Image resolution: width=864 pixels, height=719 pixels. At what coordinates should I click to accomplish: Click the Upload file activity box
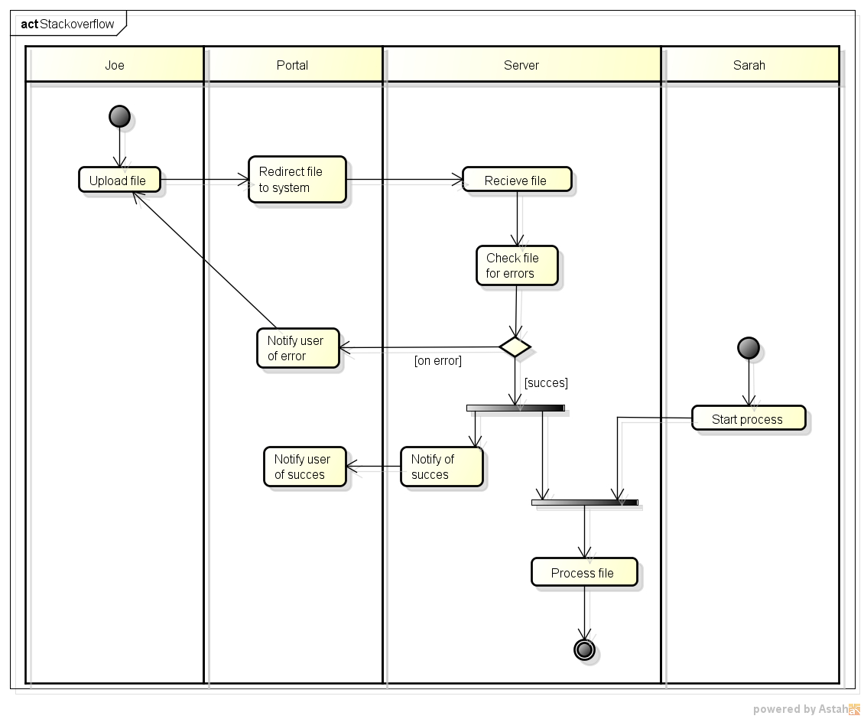[x=119, y=180]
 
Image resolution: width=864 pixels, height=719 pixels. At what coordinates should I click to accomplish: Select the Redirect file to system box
[x=297, y=180]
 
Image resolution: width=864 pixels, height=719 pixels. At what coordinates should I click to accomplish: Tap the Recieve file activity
[x=517, y=180]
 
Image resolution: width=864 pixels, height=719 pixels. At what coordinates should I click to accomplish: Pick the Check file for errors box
[x=517, y=265]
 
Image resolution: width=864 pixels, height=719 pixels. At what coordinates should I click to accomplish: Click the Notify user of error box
[x=297, y=348]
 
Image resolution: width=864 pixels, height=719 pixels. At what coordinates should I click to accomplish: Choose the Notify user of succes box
[x=305, y=467]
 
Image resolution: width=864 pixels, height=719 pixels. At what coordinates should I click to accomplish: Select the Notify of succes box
[x=441, y=467]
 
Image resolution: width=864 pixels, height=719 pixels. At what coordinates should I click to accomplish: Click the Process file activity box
[x=584, y=572]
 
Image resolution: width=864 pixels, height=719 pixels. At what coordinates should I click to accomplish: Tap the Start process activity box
[x=749, y=418]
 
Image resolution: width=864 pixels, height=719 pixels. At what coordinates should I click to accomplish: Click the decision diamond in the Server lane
[x=515, y=347]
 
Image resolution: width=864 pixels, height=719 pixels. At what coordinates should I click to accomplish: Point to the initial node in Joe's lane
[x=119, y=116]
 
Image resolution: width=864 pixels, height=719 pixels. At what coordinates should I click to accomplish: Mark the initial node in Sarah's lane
[x=749, y=348]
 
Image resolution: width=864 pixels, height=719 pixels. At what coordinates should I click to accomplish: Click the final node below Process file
[x=584, y=649]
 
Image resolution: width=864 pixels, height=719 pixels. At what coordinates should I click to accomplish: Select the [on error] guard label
[x=438, y=360]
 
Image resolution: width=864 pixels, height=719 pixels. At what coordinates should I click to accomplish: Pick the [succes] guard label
[x=546, y=382]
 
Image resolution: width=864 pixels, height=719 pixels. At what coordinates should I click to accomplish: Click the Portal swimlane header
[x=293, y=64]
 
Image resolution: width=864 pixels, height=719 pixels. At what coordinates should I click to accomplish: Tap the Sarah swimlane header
[x=750, y=64]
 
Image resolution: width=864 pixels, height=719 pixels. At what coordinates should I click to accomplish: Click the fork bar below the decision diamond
[x=515, y=408]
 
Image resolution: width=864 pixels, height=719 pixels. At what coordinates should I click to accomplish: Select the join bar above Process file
[x=585, y=503]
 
